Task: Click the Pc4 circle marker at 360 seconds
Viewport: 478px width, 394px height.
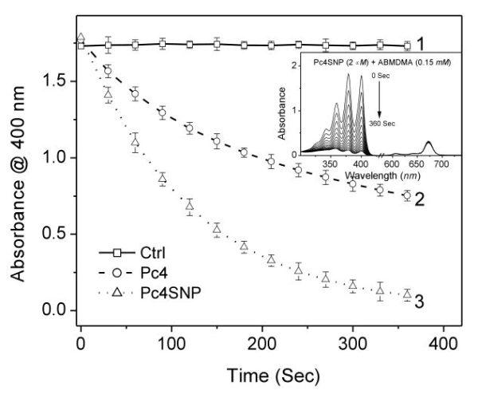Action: point(407,195)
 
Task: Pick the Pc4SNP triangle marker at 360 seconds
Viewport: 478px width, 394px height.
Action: point(407,294)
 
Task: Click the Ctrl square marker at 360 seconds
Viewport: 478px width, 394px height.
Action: point(407,46)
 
